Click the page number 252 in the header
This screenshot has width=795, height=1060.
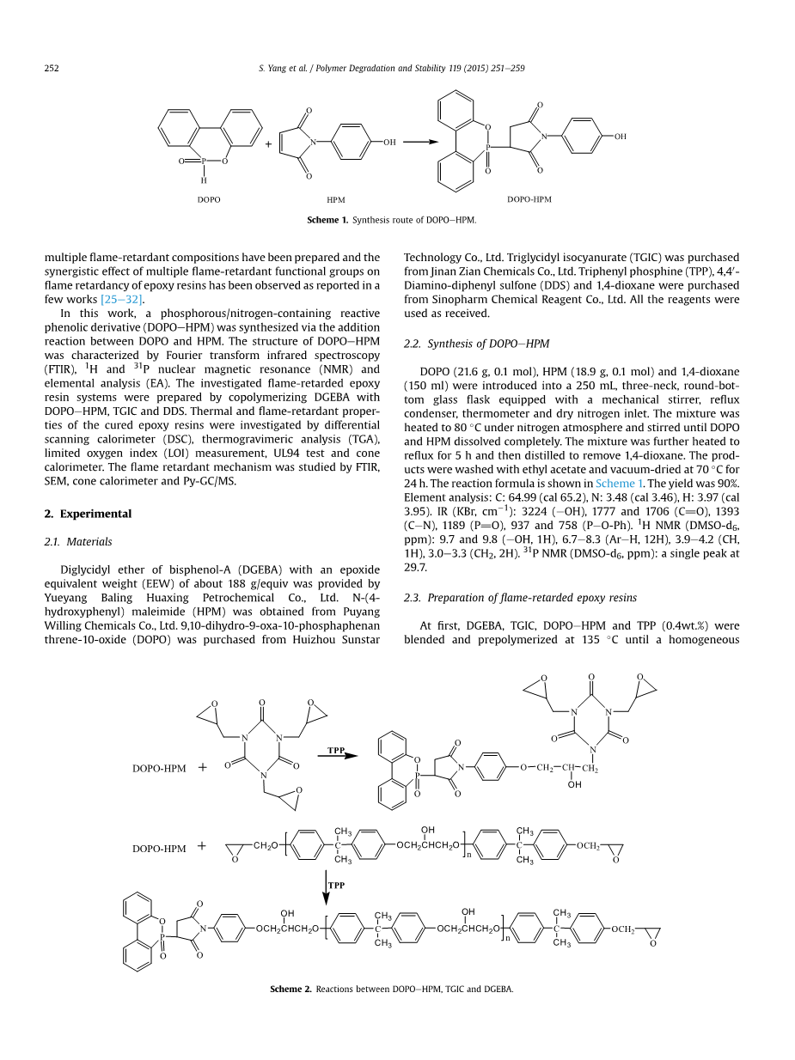tap(51, 69)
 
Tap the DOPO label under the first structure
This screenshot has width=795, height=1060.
tap(209, 199)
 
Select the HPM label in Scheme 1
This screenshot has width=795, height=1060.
tap(336, 199)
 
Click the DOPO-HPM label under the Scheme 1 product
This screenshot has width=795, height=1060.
tap(529, 199)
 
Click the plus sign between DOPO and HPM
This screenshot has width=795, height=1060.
tap(268, 144)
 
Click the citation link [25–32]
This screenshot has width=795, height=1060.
tap(122, 299)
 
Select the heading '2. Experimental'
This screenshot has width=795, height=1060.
tap(88, 514)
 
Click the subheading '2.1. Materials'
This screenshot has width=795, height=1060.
tap(77, 542)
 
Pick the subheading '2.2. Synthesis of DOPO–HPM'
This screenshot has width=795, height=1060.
tap(476, 344)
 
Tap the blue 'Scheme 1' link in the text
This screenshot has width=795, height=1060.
tap(615, 484)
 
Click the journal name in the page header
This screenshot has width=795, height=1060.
tap(449, 69)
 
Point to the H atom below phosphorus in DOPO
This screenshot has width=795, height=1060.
tap(204, 181)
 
